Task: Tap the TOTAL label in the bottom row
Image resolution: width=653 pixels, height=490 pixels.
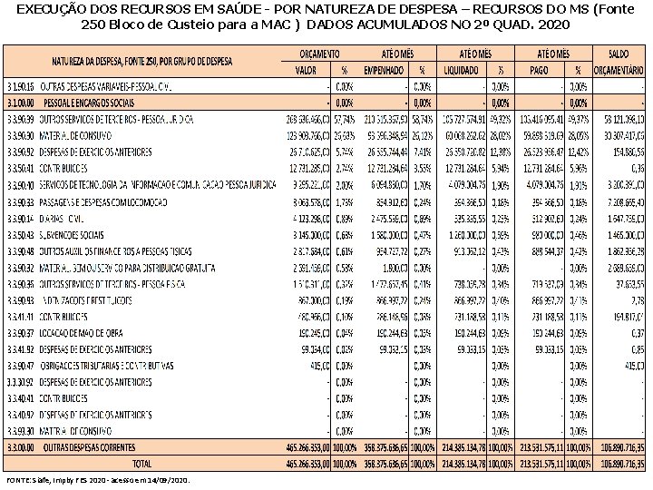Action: coord(146,462)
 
